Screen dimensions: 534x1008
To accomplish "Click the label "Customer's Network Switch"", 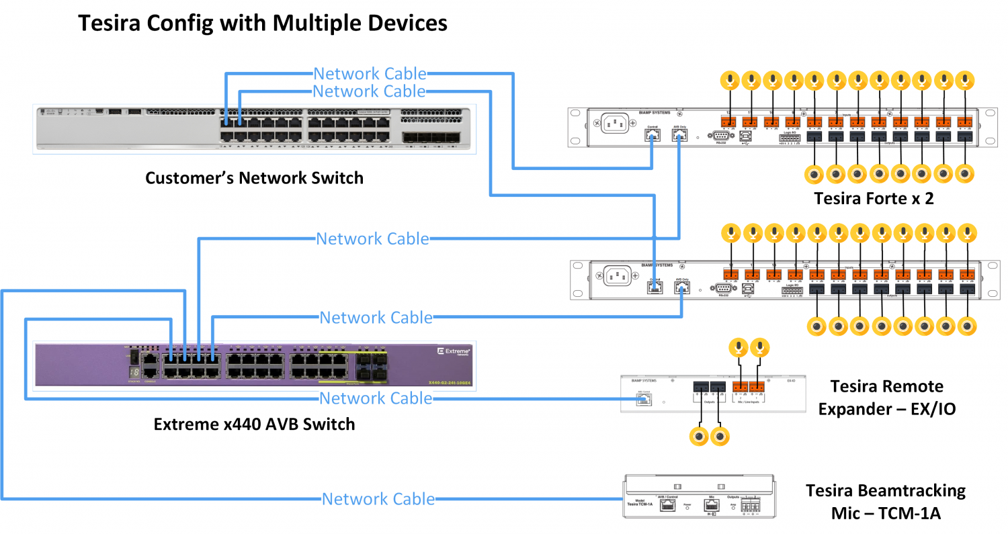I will (x=254, y=178).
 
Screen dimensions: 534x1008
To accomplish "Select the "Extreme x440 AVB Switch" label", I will (x=254, y=425).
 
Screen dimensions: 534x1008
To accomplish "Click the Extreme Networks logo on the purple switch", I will (x=453, y=352).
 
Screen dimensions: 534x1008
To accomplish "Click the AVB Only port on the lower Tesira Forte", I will (x=682, y=288).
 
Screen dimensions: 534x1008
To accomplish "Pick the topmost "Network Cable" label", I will (x=370, y=73).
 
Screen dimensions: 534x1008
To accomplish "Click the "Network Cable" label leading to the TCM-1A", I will (x=378, y=499).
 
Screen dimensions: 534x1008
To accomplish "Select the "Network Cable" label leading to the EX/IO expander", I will (x=376, y=398).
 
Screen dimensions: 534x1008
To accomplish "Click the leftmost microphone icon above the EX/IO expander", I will (x=739, y=348).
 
